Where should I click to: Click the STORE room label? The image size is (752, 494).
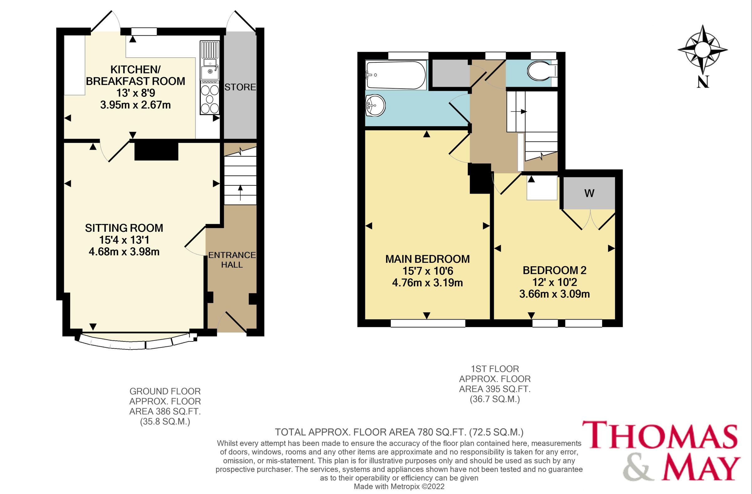240,87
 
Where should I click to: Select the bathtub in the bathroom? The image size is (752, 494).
396,75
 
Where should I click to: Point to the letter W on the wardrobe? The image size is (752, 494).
589,193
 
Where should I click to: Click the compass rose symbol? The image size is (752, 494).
702,50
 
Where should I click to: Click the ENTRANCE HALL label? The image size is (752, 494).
232,260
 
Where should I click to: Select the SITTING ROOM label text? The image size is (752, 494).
124,228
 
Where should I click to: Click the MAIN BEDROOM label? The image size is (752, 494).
427,259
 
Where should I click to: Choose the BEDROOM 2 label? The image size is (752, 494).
554,270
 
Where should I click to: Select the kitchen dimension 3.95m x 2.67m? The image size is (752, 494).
135,105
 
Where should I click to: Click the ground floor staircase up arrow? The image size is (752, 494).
240,192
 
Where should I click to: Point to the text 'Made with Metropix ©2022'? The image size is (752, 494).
399,487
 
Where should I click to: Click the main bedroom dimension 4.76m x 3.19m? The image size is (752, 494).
427,283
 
